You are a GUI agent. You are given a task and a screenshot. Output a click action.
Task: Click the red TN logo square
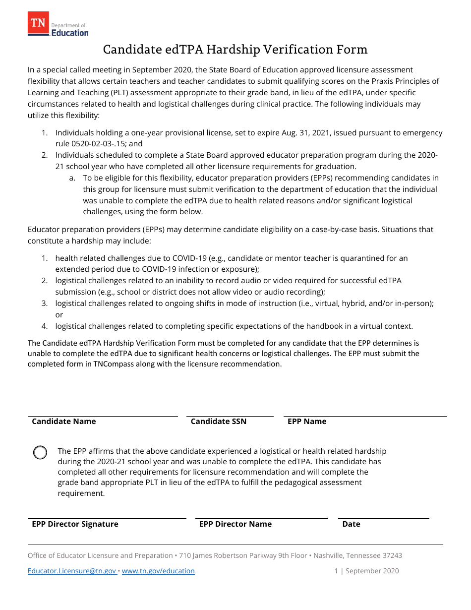pos(38,24)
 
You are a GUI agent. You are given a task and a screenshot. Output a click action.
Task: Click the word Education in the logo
pos(70,33)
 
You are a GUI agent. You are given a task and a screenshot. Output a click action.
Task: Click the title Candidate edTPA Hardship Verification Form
pos(235,49)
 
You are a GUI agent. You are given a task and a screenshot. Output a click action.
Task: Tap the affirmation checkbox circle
pos(40,452)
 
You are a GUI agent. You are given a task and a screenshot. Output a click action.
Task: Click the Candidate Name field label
pos(64,422)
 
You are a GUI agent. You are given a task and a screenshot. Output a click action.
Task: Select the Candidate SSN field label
pos(218,422)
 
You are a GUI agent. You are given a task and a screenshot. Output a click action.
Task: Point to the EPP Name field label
pos(307,422)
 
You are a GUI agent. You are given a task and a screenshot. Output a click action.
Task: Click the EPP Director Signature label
pos(75,524)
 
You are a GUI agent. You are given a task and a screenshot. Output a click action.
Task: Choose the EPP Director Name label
pos(235,524)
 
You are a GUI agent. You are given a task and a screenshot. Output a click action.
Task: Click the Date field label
pos(351,524)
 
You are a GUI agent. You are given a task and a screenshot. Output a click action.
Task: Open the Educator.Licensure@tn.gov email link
pos(72,571)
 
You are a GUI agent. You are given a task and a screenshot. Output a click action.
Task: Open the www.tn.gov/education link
pos(158,571)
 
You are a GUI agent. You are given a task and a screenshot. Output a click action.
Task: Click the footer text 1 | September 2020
pos(366,571)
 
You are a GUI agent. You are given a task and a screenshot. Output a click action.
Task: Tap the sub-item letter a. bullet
pos(72,178)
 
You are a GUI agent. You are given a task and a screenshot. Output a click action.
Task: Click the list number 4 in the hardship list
pos(45,326)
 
